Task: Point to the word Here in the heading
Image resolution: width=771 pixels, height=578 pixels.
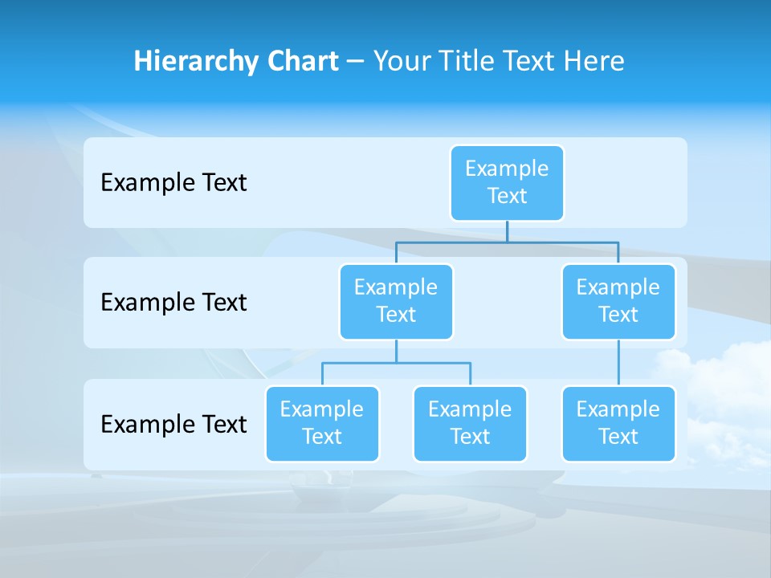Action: coord(594,62)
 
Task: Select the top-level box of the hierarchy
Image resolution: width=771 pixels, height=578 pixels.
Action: coord(507,183)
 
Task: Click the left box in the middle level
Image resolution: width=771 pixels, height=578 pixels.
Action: coord(396,302)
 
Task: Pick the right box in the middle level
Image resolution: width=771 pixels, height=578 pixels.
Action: coord(618,302)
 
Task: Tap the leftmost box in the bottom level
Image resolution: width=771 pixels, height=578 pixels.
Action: coord(322,424)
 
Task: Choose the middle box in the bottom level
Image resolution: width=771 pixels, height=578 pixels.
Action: coord(470,424)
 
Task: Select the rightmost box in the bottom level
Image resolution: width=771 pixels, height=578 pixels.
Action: coord(618,424)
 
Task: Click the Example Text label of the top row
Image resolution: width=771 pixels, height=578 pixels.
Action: coord(173,183)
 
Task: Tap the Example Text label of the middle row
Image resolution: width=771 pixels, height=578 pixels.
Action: coord(173,303)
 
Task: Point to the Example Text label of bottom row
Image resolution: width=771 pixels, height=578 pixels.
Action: coord(173,424)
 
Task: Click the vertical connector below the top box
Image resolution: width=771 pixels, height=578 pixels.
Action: coord(507,231)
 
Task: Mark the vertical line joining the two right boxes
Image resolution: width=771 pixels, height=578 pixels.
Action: coord(618,363)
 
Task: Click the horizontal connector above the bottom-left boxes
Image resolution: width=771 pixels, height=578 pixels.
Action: coord(396,363)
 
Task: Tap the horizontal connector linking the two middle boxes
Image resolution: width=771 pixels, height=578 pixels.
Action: coord(507,242)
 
